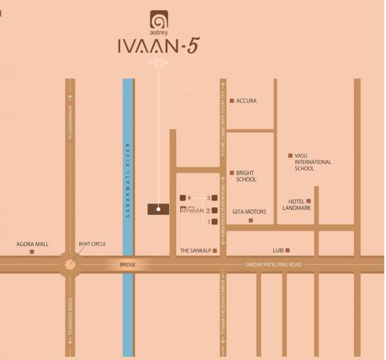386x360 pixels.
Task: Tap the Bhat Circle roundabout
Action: click(69, 263)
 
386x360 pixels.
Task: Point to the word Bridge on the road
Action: click(129, 264)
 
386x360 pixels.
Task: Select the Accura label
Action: click(246, 101)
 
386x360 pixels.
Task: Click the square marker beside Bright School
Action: click(232, 173)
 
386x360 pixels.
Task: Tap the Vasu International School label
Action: click(313, 162)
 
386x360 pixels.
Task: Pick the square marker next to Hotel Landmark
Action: click(308, 202)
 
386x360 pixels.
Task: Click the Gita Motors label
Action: click(249, 211)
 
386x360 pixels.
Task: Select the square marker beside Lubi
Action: click(288, 250)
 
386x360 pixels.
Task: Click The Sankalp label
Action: click(196, 250)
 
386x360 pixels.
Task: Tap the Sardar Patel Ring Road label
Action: click(274, 265)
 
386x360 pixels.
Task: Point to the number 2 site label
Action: click(208, 210)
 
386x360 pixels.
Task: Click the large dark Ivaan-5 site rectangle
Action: click(158, 209)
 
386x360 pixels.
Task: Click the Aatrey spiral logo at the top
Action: click(158, 19)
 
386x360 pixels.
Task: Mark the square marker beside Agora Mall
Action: click(32, 252)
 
